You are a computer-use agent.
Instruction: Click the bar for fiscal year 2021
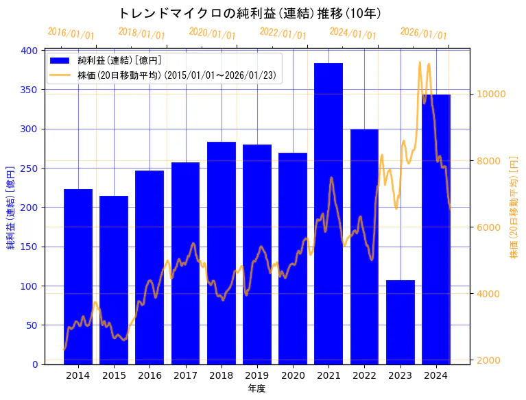[x=328, y=213]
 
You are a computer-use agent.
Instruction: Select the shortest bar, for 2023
[x=400, y=322]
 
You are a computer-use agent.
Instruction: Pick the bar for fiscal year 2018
[x=221, y=253]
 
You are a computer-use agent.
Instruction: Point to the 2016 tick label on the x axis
[x=150, y=375]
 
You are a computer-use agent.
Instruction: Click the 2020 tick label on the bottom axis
[x=293, y=375]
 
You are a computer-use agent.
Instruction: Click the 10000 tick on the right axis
[x=491, y=95]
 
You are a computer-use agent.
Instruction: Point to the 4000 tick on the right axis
[x=488, y=294]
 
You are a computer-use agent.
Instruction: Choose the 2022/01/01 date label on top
[x=283, y=34]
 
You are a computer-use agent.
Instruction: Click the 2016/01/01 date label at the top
[x=71, y=34]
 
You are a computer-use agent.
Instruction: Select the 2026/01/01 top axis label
[x=423, y=34]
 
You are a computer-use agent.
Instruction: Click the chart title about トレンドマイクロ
[x=250, y=13]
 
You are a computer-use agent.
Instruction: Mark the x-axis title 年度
[x=256, y=388]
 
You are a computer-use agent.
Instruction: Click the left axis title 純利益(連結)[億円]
[x=11, y=207]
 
